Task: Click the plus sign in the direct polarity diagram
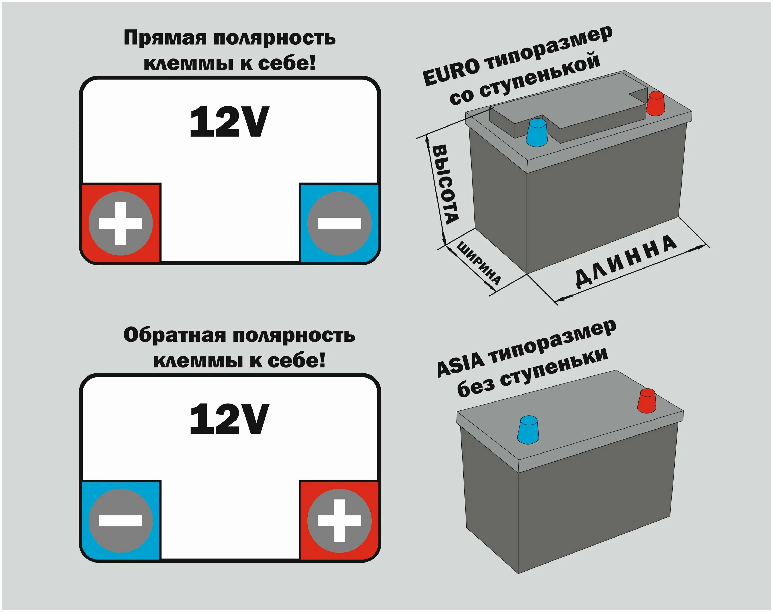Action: tap(121, 223)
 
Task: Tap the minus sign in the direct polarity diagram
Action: tap(339, 223)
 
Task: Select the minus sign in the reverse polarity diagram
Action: tap(121, 521)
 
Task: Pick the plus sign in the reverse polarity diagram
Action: tap(339, 521)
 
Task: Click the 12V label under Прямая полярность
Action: tap(229, 122)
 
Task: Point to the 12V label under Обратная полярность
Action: tap(229, 419)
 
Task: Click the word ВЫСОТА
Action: tap(446, 185)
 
